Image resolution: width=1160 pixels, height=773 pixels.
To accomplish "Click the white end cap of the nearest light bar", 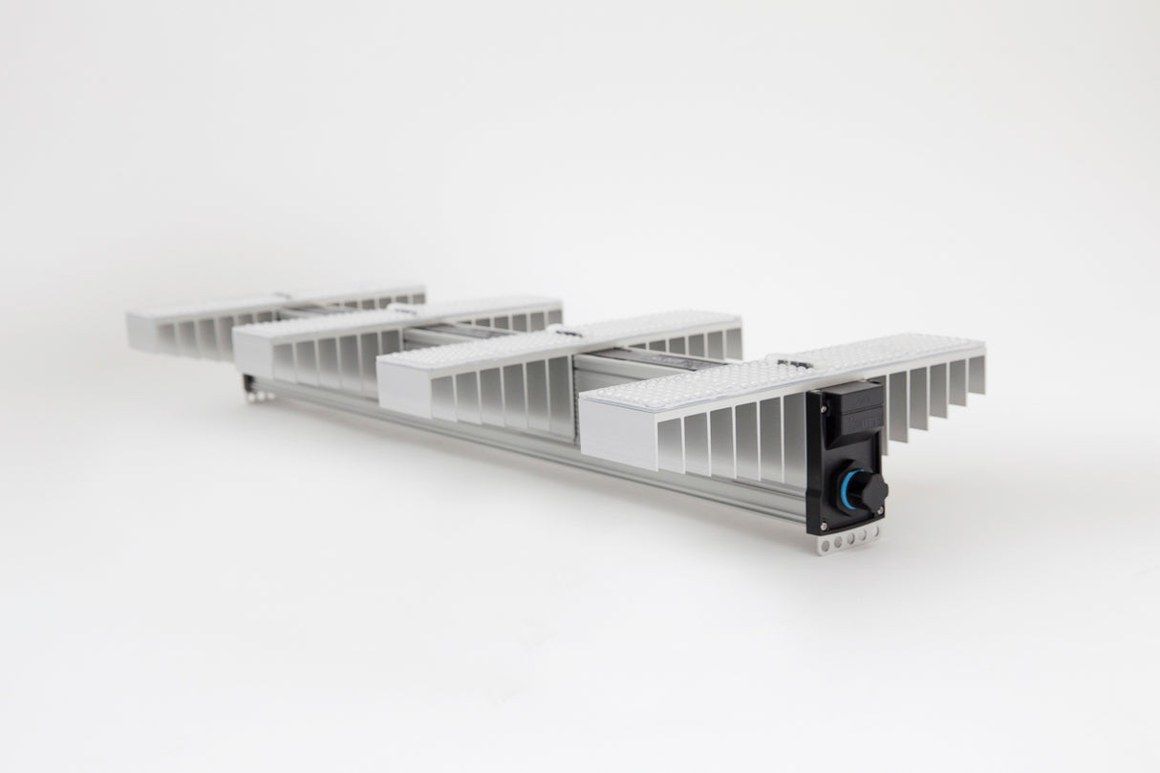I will click(616, 436).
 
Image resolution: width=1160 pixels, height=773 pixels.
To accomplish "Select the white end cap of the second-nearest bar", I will click(405, 382).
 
